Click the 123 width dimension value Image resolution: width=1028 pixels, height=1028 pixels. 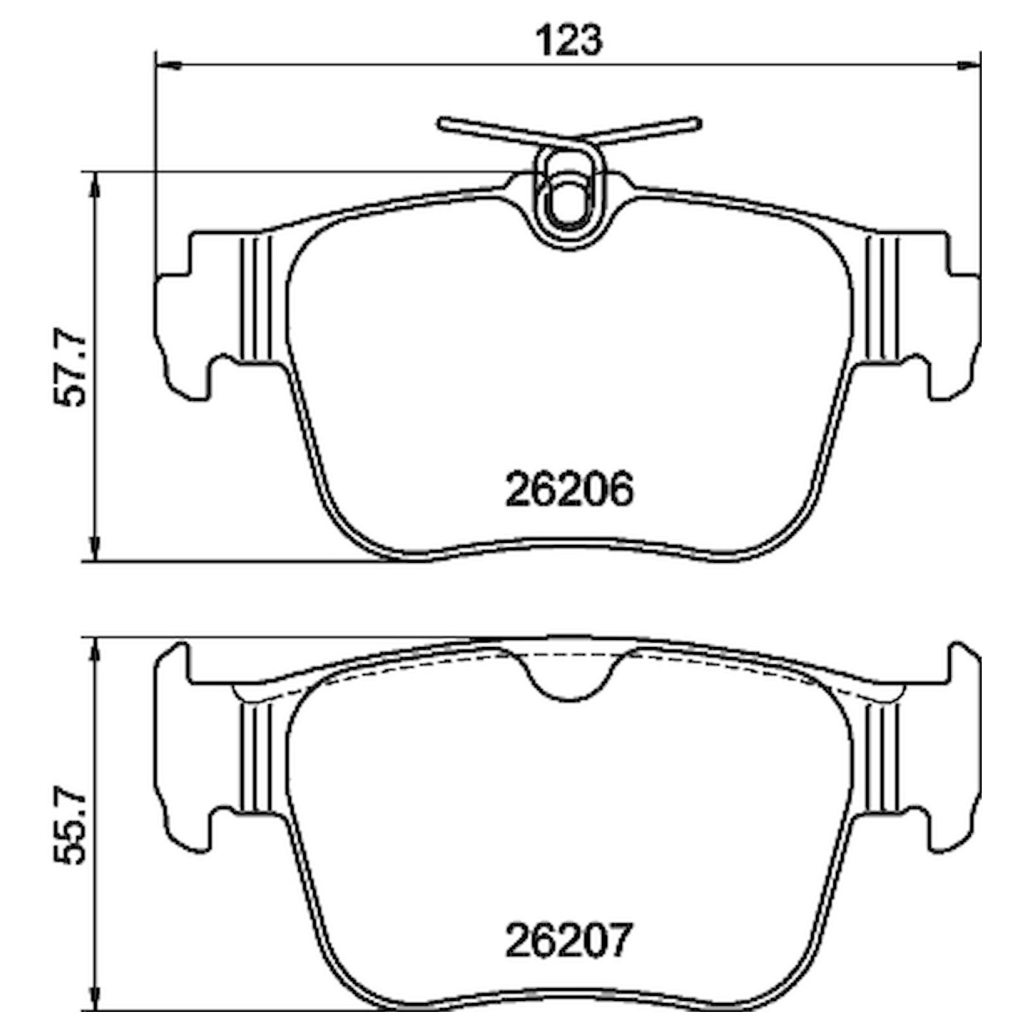(569, 40)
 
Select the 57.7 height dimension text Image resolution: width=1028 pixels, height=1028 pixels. (69, 368)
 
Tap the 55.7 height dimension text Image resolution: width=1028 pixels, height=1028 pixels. (69, 827)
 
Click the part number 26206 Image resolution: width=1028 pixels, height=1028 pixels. (569, 490)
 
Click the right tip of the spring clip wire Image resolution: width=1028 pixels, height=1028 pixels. (696, 122)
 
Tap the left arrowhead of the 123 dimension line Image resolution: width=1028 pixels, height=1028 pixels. (168, 64)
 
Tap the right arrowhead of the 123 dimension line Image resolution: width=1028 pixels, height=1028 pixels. (969, 64)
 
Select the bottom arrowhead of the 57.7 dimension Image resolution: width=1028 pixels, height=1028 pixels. (95, 547)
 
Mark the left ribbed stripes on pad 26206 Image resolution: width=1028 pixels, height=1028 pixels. (256, 298)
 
